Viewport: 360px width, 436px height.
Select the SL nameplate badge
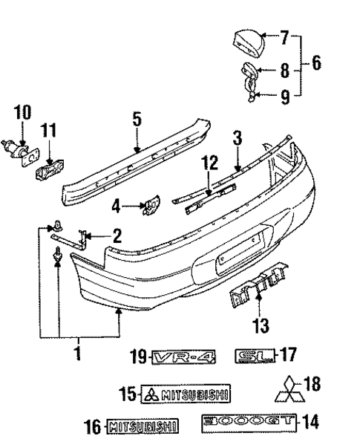[x=252, y=357]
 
